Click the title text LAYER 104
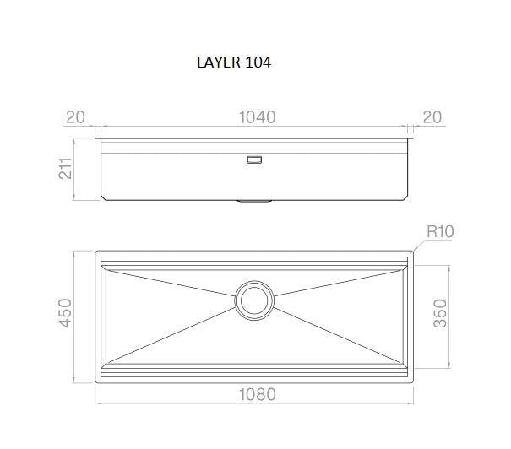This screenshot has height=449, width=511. pyautogui.click(x=232, y=62)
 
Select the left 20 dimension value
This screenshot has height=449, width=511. pyautogui.click(x=75, y=117)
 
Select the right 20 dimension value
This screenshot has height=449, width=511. pyautogui.click(x=432, y=117)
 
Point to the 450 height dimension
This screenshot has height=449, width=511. pyautogui.click(x=63, y=314)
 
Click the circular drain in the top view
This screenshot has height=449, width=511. pyautogui.click(x=254, y=300)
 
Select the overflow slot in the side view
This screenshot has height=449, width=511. pyautogui.click(x=254, y=158)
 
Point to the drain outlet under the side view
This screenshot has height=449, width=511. pyautogui.click(x=254, y=201)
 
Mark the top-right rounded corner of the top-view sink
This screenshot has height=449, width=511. pyautogui.click(x=411, y=252)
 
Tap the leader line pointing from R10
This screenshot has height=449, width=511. pyautogui.click(x=420, y=244)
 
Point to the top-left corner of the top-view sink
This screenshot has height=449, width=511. pyautogui.click(x=96, y=252)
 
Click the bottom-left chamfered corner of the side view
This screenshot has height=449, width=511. pyautogui.click(x=102, y=197)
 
